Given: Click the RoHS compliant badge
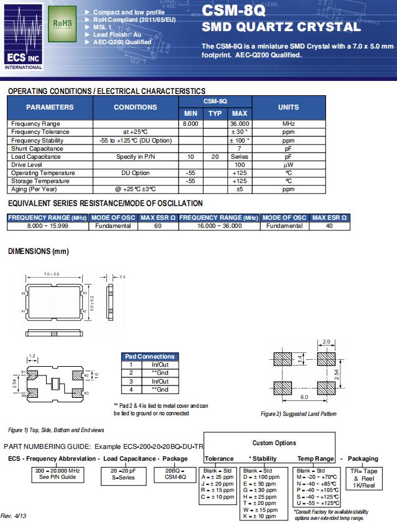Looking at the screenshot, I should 62,24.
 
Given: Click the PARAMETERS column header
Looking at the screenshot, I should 50,107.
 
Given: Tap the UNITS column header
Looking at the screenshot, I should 288,107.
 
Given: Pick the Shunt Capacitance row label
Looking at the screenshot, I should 37,148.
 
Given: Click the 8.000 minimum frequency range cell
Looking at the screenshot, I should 190,124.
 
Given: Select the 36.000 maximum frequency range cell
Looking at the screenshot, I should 240,124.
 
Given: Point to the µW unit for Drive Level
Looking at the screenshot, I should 288,164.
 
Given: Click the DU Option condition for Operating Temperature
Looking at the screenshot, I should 135,172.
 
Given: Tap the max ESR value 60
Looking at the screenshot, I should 158,225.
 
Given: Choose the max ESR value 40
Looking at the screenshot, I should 329,225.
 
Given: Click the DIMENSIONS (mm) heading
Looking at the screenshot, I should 38,251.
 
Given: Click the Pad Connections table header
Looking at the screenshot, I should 150,357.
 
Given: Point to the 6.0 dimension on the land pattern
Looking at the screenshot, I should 304,397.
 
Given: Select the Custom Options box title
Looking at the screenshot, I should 274,443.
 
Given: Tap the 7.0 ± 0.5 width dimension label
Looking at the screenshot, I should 52,275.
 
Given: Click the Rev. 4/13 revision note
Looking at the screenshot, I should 14,516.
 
